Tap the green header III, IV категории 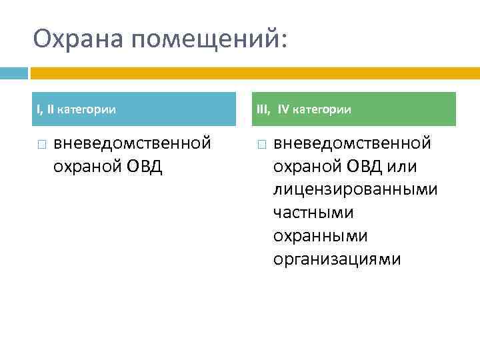(355, 109)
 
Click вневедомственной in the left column (132, 143)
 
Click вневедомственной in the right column (352, 143)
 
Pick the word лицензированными (355, 190)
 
